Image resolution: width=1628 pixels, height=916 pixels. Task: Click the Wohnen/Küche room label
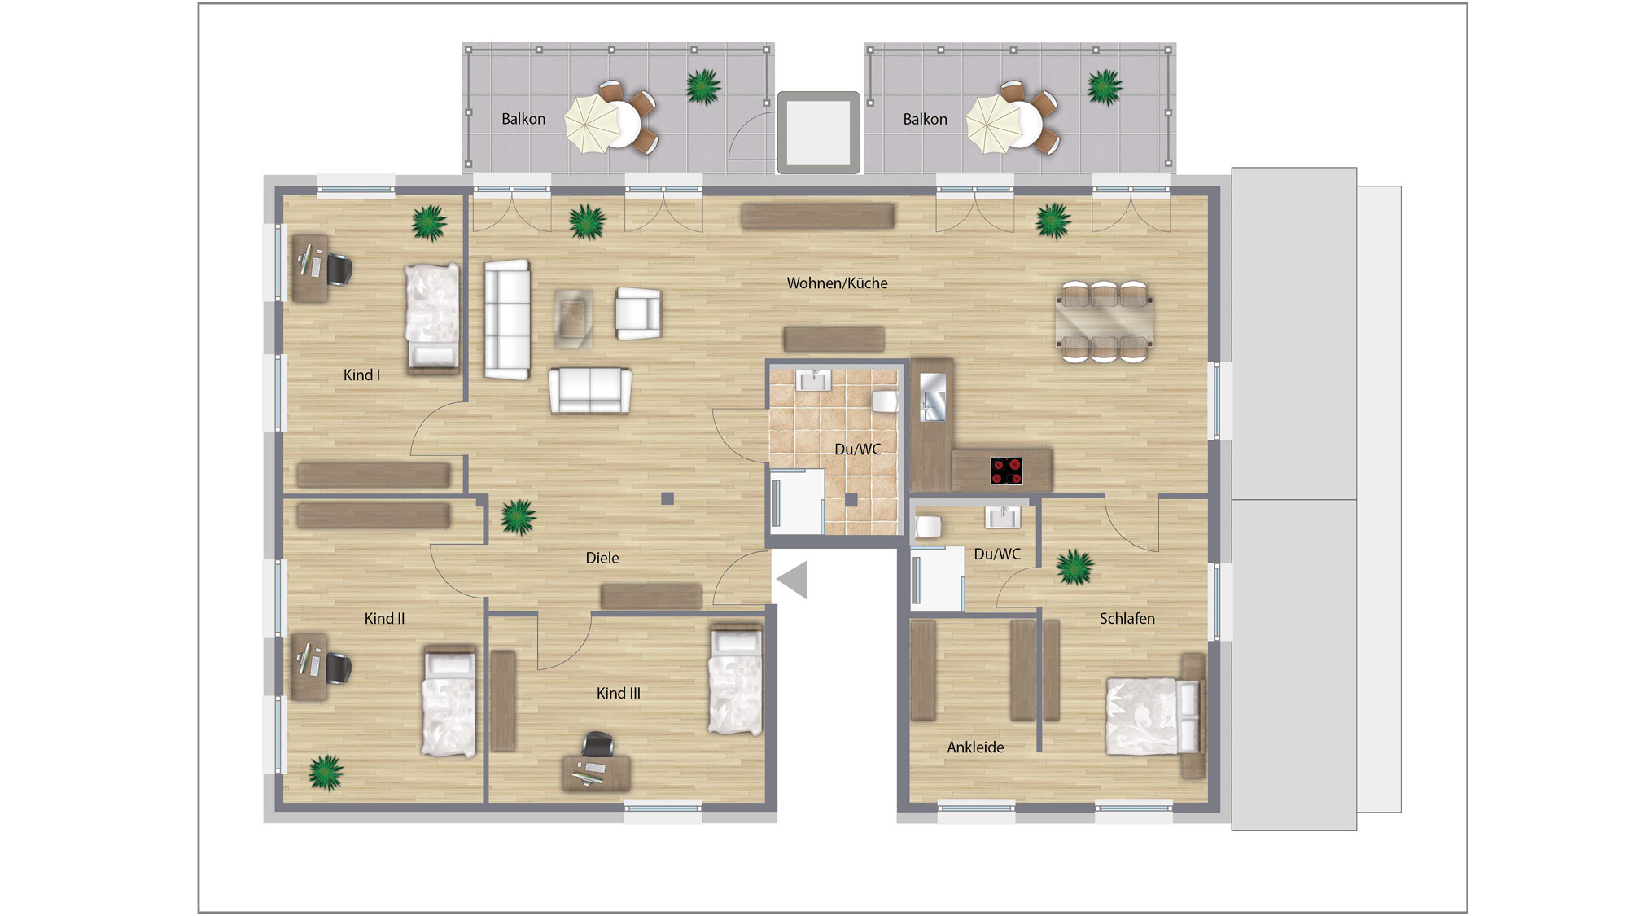(x=837, y=283)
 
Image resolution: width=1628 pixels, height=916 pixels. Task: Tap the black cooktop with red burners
(x=1006, y=471)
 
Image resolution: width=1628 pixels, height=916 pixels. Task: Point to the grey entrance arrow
(x=792, y=580)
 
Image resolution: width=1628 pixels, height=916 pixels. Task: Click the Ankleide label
(x=975, y=747)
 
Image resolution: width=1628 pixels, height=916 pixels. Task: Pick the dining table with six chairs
(x=1104, y=322)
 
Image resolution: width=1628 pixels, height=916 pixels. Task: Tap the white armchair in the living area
(x=638, y=313)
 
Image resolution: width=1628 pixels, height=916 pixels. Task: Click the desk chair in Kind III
(x=597, y=744)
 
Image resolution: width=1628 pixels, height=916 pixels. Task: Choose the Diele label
(x=602, y=558)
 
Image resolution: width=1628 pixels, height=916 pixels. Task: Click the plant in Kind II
(x=326, y=773)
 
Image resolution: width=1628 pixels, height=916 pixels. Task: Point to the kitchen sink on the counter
(x=933, y=397)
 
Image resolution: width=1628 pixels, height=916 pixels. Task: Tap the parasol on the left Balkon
(x=592, y=125)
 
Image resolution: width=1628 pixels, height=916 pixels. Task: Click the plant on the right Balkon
(x=1105, y=87)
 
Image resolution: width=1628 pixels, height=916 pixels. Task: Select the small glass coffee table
(x=573, y=318)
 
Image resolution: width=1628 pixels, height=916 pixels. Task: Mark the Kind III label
(x=619, y=694)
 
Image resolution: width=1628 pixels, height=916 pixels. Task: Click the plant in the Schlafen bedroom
(x=1074, y=567)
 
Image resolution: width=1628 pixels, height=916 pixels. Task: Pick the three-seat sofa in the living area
(x=507, y=319)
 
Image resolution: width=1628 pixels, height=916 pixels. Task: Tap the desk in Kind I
(x=310, y=269)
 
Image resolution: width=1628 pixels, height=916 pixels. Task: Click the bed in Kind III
(x=736, y=680)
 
